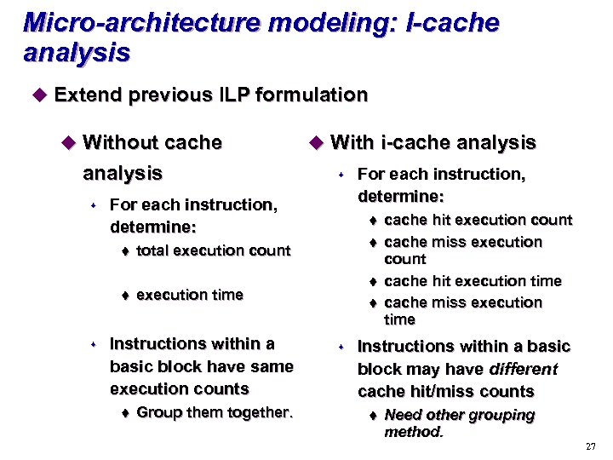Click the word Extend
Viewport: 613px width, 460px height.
(89, 95)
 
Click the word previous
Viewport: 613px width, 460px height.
(176, 95)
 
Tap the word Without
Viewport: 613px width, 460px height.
(118, 142)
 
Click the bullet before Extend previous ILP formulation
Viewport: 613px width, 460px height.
(37, 95)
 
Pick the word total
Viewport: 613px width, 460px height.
(152, 250)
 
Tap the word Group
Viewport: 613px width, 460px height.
(157, 413)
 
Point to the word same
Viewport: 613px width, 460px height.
(273, 367)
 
